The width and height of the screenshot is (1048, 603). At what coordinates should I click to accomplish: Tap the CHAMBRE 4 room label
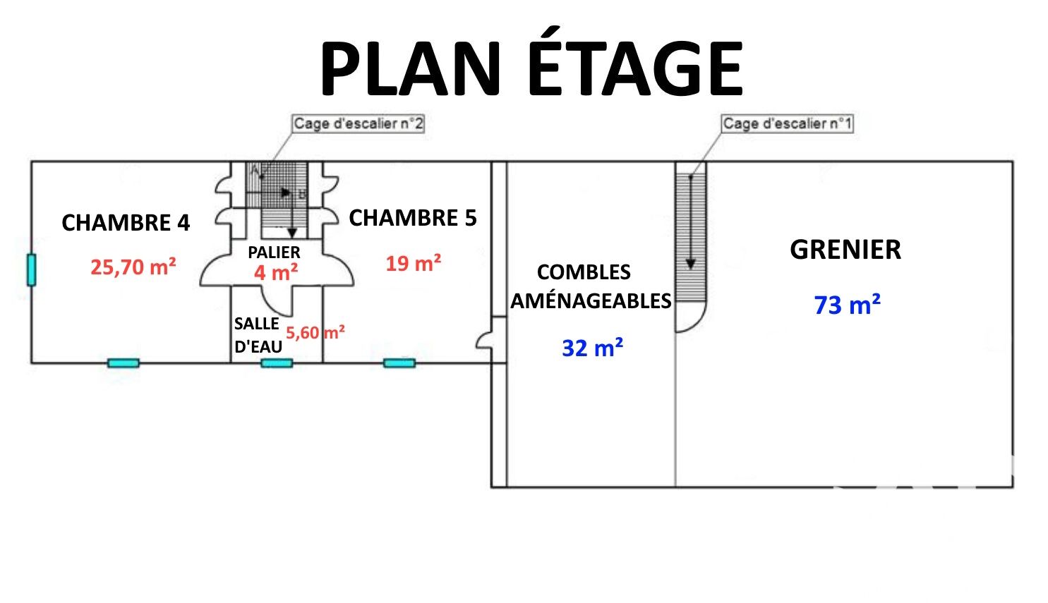[126, 222]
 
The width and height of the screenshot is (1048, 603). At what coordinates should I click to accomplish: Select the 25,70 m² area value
[133, 267]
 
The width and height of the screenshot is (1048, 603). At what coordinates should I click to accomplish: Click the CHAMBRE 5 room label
[413, 218]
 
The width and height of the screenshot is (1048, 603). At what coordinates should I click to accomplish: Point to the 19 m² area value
[414, 262]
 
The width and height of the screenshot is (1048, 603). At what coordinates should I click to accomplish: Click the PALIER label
[274, 252]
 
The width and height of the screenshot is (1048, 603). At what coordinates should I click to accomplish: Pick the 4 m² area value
[276, 272]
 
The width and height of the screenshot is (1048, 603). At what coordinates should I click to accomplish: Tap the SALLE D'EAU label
[258, 335]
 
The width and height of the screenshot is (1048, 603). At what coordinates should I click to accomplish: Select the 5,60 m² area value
[315, 332]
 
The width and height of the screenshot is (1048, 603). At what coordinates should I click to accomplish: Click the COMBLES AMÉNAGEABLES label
[591, 286]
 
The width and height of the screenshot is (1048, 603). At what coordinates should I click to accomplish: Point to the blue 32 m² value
[592, 347]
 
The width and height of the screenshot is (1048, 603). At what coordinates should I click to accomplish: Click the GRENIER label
[845, 250]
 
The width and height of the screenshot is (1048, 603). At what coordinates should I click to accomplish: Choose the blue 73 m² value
[848, 304]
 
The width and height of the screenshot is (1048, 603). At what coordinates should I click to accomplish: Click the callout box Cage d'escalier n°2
[359, 124]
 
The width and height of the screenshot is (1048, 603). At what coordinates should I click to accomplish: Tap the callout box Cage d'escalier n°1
[788, 124]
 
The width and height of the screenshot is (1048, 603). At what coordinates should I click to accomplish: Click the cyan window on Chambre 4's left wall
[31, 269]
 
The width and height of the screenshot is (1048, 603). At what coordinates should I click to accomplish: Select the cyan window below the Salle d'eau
[277, 363]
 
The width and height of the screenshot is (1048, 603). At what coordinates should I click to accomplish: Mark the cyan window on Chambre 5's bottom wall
[399, 363]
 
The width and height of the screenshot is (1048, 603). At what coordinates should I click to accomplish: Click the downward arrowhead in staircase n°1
[691, 264]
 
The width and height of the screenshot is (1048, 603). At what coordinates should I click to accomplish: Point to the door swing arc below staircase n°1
[691, 317]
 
